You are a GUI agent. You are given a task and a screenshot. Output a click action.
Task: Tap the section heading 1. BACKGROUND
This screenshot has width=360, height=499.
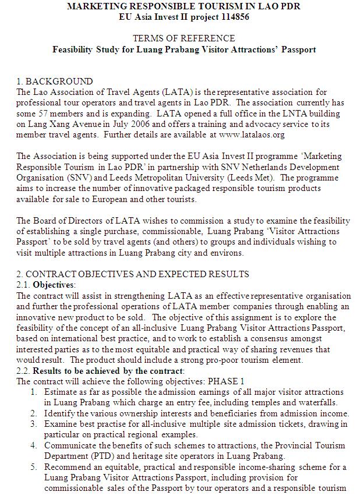(55, 81)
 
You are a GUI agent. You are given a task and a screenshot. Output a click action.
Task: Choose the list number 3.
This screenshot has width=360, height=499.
(34, 424)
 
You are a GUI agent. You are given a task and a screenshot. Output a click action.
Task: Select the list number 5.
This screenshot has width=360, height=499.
(34, 467)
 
